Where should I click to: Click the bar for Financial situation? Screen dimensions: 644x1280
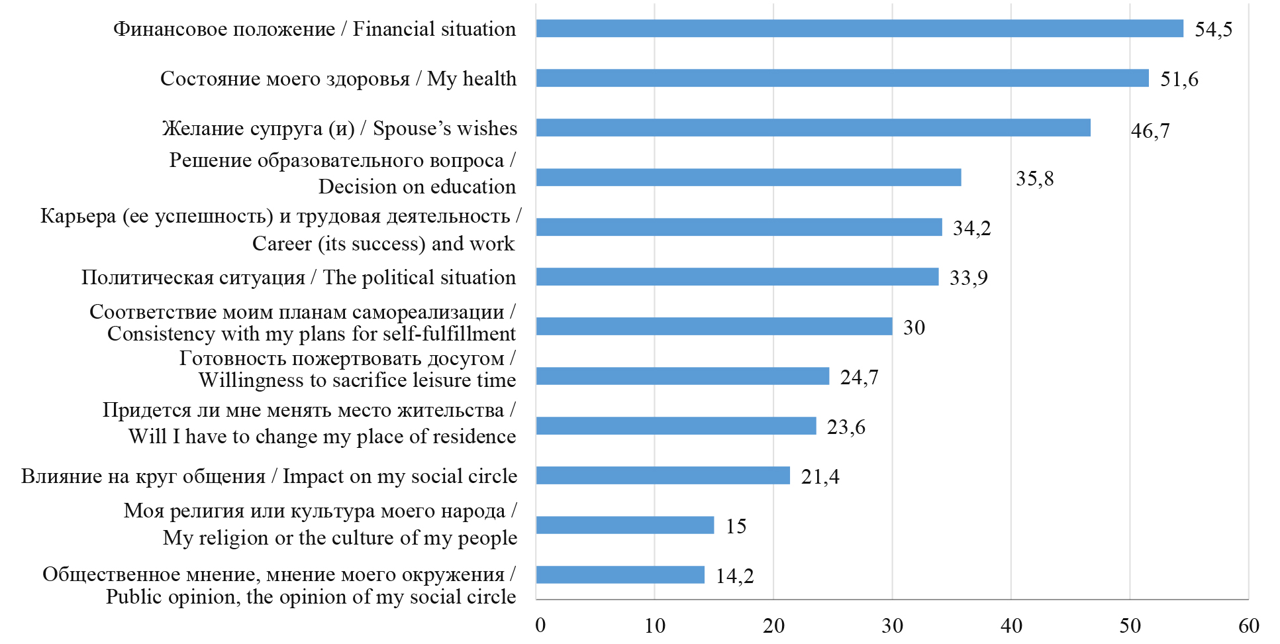859,28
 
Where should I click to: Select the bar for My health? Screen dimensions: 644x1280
842,78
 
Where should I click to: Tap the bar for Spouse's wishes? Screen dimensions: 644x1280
812,128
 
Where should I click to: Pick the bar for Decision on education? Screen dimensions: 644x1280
748,178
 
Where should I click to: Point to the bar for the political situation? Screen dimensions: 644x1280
737,277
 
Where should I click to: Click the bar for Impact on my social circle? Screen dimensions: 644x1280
663,476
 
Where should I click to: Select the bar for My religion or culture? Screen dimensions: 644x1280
624,525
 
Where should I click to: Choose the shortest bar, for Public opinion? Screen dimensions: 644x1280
620,575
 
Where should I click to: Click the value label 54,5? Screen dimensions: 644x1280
1213,30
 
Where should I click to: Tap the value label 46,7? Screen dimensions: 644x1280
1150,131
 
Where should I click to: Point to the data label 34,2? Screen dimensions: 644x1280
971,229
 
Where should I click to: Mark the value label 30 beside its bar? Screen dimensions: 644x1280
914,328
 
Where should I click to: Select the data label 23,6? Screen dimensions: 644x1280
846,427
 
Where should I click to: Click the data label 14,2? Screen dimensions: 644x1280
734,576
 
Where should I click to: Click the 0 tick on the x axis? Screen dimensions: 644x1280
540,625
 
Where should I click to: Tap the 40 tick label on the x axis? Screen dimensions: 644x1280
1011,625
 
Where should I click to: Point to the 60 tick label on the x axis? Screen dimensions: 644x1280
1248,625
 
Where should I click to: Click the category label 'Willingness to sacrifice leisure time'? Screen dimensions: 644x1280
357,380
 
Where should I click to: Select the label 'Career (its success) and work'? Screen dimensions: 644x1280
383,244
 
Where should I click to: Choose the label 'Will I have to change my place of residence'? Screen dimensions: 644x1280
322,437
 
